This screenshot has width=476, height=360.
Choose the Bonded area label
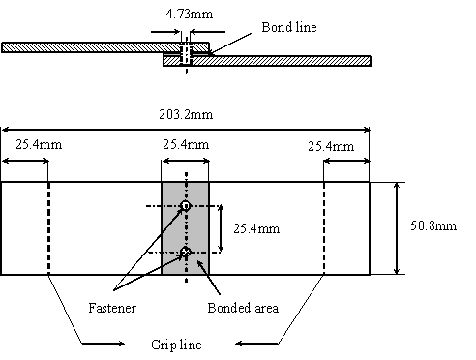[244, 309]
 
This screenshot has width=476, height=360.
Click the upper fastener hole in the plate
[185, 206]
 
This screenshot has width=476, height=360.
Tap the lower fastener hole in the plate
[185, 253]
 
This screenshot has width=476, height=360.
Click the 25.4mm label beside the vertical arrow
[254, 229]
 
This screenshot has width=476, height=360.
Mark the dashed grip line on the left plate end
[48, 227]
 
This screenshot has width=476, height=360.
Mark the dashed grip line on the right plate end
[324, 227]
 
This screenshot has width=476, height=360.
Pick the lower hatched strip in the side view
[281, 60]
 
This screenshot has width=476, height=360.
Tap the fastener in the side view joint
[186, 53]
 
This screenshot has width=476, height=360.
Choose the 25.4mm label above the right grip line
[330, 147]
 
